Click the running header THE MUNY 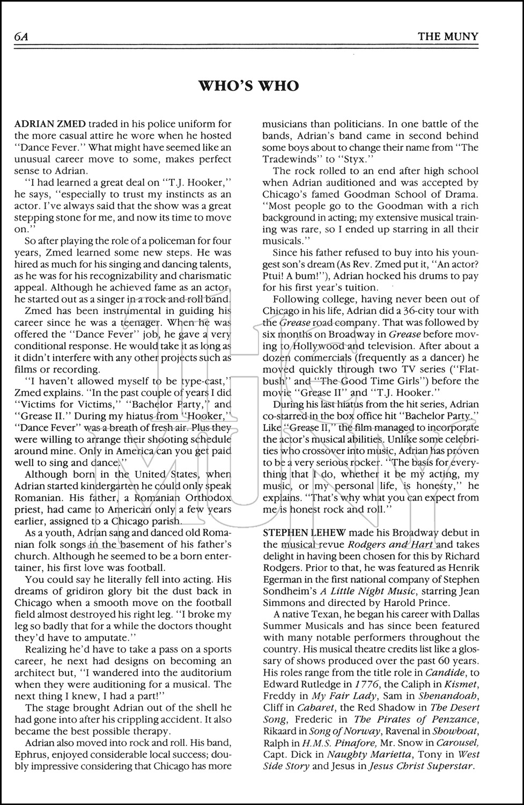pyautogui.click(x=448, y=36)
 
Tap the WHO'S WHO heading pyautogui.click(x=249, y=85)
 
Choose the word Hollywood pyautogui.click(x=314, y=346)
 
